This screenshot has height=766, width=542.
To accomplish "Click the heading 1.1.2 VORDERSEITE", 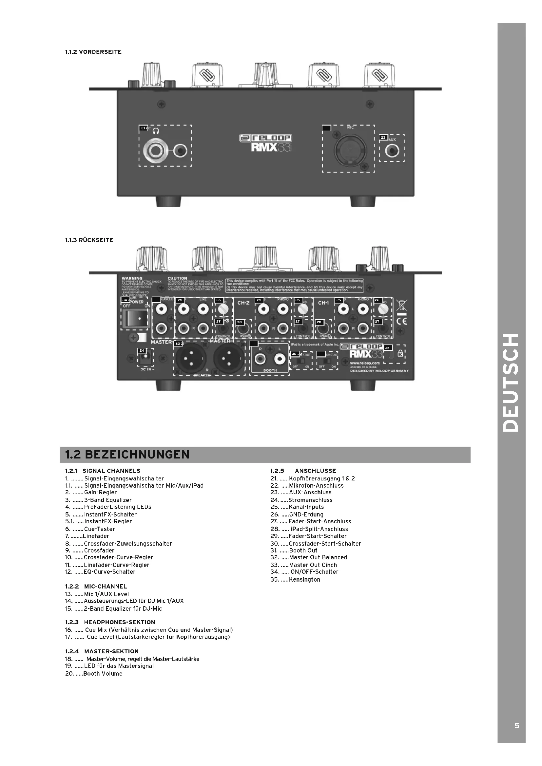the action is tap(93, 52).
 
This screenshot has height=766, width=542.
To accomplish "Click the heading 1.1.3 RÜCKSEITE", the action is tap(89, 240).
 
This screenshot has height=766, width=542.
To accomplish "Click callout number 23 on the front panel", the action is tap(383, 138).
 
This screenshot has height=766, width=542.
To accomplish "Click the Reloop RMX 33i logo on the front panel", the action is tap(266, 142).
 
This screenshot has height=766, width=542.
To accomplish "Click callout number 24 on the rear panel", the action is tap(142, 351).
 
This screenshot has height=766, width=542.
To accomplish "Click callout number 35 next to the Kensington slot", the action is tap(387, 348).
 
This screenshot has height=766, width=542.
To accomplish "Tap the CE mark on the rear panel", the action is tap(401, 322).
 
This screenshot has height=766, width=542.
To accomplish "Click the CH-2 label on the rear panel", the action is tap(243, 303).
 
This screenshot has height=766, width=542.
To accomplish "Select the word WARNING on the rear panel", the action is tap(132, 278).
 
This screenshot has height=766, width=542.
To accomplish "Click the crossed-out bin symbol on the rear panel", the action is tap(401, 305).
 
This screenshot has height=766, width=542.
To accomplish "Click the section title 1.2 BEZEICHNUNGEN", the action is tap(127, 455).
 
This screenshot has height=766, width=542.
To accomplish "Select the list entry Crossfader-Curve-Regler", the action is tap(118, 557).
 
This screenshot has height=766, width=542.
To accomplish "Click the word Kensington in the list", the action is tap(304, 580).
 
